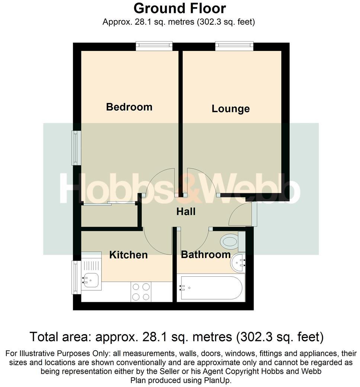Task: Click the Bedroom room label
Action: [x=129, y=107]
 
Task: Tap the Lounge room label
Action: [x=231, y=109]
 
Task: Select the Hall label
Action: [x=186, y=212]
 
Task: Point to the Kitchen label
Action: [x=128, y=255]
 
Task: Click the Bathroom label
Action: [x=206, y=255]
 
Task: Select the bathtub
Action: [x=210, y=288]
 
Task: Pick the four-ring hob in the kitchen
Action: [x=141, y=292]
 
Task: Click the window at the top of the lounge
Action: [x=234, y=46]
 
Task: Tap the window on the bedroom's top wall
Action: [x=154, y=46]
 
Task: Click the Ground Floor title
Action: [x=180, y=8]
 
